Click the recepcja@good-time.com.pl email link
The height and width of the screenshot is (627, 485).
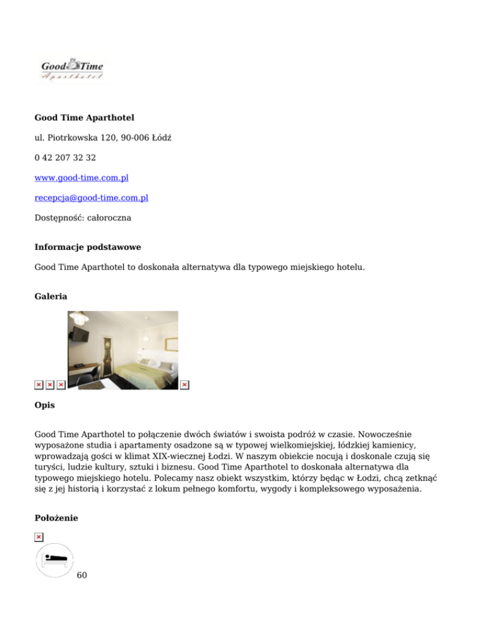[91, 197]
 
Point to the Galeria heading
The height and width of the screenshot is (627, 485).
[51, 295]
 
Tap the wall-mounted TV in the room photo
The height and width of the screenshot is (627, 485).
[80, 338]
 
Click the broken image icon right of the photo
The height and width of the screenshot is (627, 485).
[184, 385]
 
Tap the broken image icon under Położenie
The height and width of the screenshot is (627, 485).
[39, 537]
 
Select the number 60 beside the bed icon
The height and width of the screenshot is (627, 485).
[81, 576]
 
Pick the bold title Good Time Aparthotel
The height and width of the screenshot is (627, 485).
[84, 117]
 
